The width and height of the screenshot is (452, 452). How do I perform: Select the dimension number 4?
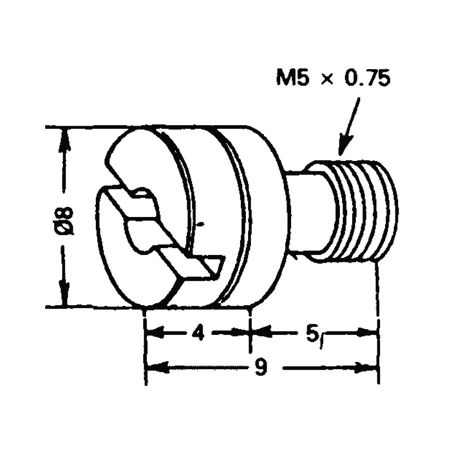click(198, 333)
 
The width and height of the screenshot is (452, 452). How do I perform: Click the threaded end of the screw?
click(364, 210)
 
